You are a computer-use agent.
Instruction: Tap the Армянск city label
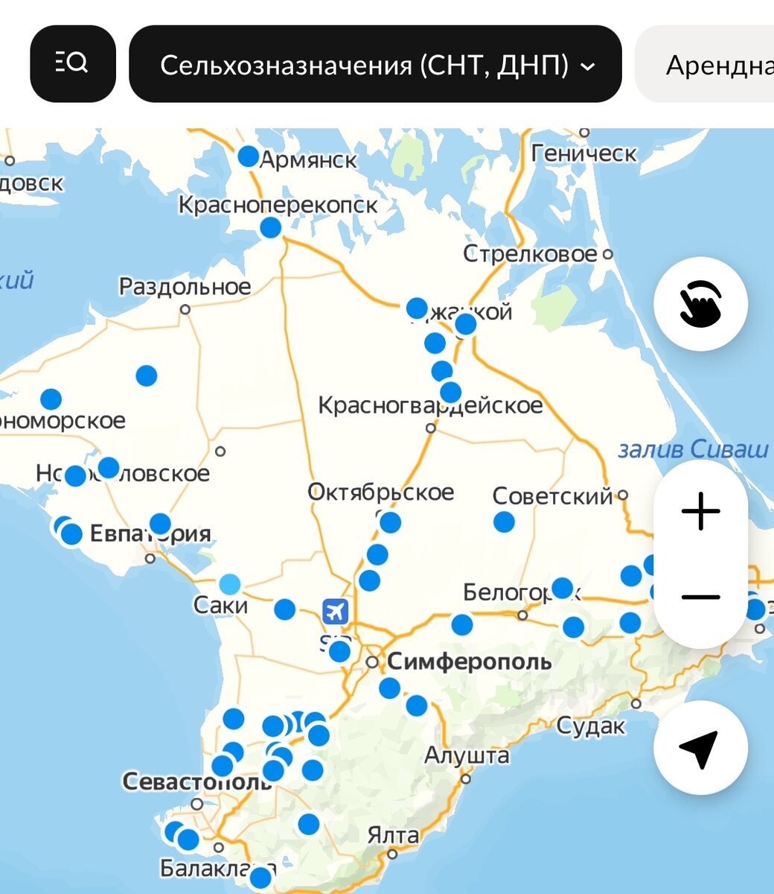(x=308, y=159)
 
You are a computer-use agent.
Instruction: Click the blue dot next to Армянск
(x=248, y=157)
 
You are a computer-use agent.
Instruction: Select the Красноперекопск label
(x=278, y=204)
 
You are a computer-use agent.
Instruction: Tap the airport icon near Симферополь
(x=336, y=612)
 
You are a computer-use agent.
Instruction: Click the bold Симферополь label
(x=469, y=661)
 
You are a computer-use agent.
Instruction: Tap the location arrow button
(x=700, y=747)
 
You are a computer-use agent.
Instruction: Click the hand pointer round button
(x=700, y=304)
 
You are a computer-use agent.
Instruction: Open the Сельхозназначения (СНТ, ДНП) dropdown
(x=375, y=65)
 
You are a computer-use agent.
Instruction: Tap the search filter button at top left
(x=72, y=64)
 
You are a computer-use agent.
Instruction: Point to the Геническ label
(x=583, y=153)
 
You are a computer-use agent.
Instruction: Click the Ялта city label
(x=393, y=835)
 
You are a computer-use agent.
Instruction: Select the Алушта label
(x=467, y=755)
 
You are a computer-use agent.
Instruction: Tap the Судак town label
(x=591, y=726)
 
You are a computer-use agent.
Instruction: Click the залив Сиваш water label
(x=693, y=449)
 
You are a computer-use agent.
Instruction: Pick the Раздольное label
(x=185, y=286)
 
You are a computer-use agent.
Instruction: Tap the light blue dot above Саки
(x=230, y=584)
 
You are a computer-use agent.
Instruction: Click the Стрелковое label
(x=529, y=254)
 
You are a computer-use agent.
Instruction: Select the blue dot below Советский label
(x=504, y=521)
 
